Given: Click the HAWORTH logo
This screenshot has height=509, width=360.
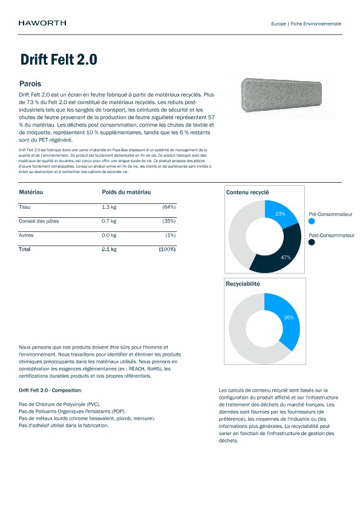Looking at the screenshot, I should coord(42,23).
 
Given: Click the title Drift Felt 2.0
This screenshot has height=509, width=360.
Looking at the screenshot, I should coord(59,60).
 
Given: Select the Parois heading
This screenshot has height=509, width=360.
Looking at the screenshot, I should coord(30,83).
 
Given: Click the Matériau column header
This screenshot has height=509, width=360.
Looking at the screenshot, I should coord(31,192).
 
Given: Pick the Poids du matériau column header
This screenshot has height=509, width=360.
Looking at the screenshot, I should coord(126,192).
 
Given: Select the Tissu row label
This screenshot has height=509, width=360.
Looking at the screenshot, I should coord(25,207).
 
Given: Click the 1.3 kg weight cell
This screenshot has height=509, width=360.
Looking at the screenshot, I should coord(109,207).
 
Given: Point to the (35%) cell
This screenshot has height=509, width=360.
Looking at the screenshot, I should coord(169,221).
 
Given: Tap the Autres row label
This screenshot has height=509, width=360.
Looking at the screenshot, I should coord(27,235).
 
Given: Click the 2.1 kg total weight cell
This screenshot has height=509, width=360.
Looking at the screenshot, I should coord(109,249).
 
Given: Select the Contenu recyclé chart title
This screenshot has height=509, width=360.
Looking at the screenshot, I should coord(247,192).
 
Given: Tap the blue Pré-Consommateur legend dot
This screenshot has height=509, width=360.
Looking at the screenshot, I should coord(312,222).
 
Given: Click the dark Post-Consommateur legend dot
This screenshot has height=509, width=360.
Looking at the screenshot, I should coord(312,242).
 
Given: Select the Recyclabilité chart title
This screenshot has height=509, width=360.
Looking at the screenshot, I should coord(243,283).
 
